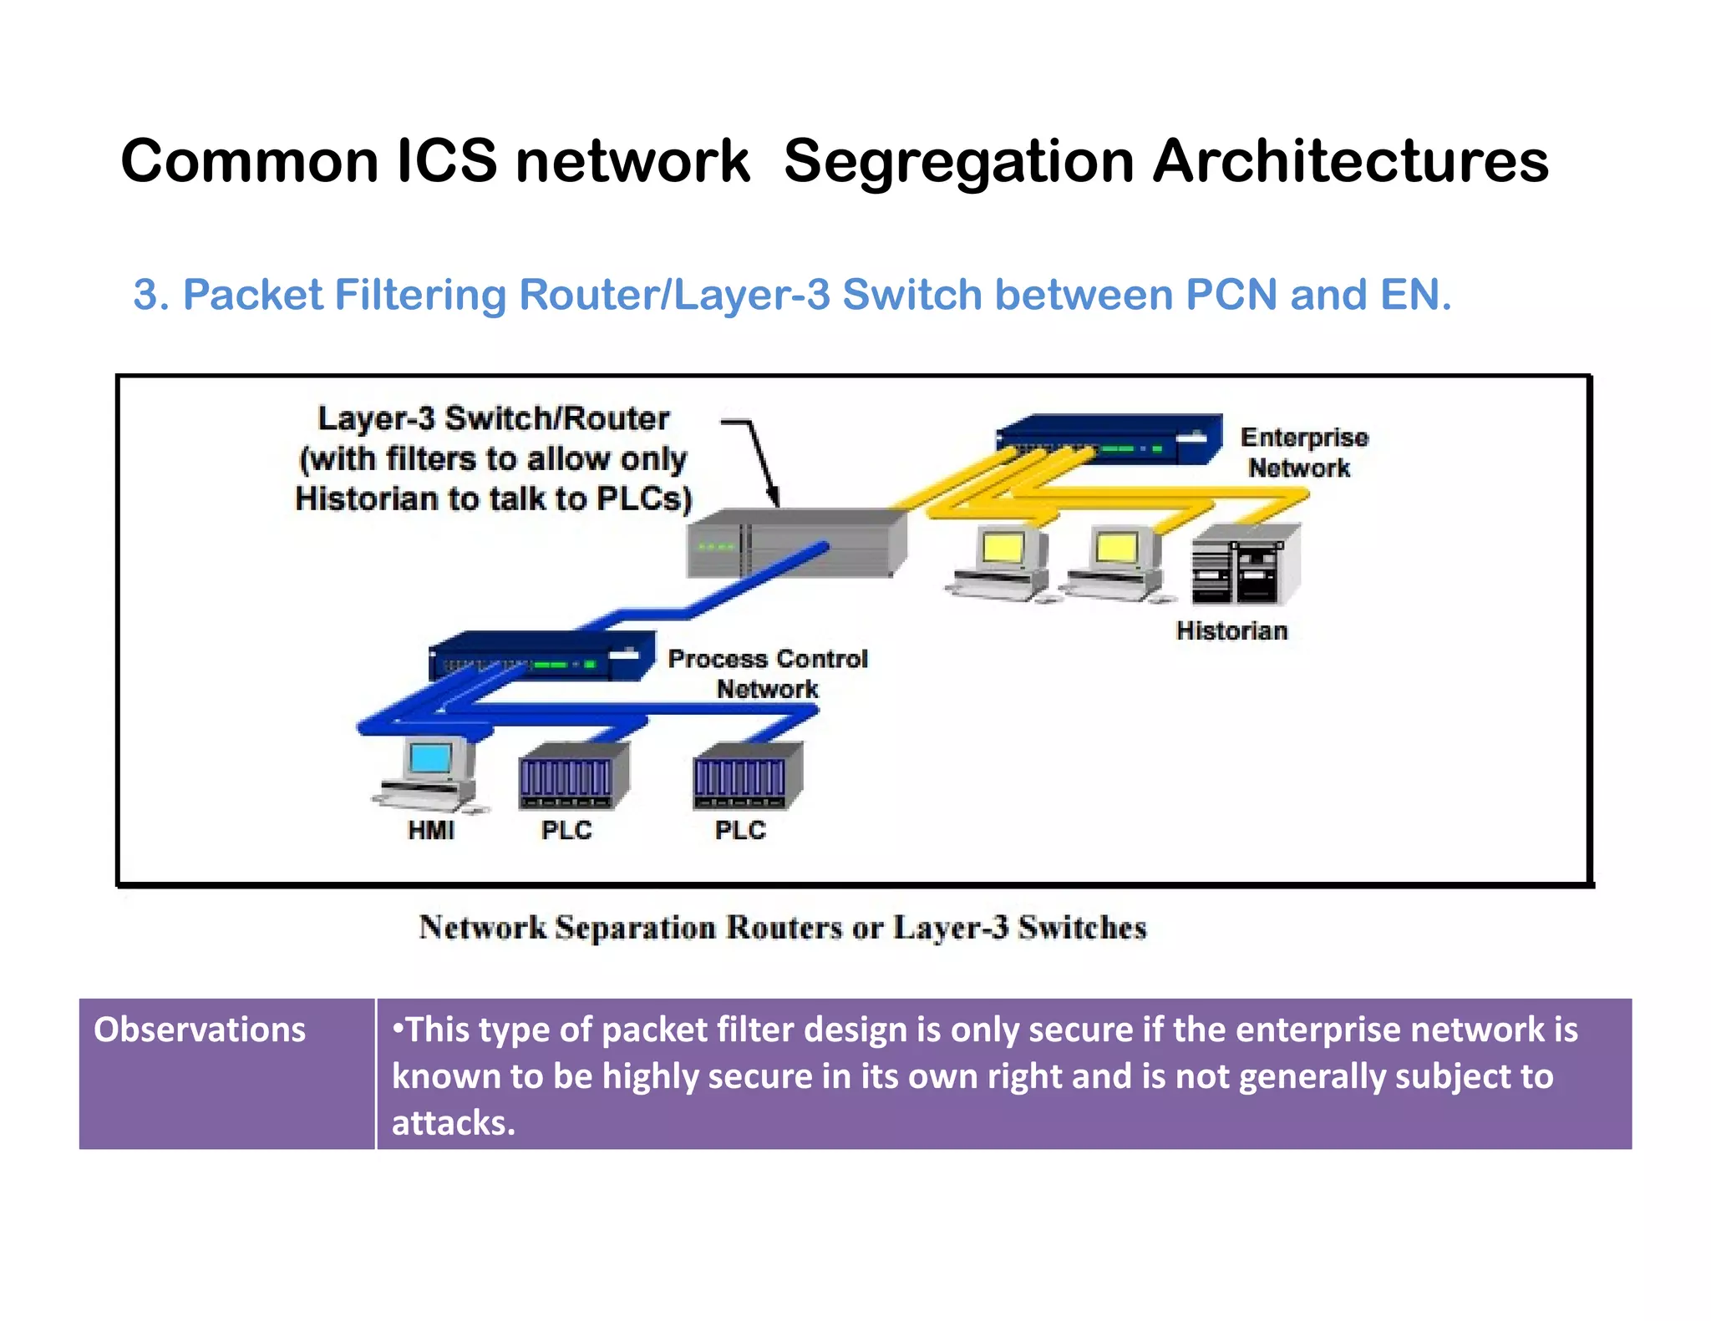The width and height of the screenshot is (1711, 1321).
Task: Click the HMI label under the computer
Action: pyautogui.click(x=431, y=830)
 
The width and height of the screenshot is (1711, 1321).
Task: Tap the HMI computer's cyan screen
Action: pyautogui.click(x=431, y=758)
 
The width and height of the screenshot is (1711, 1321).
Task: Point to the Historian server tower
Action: pyautogui.click(x=1245, y=568)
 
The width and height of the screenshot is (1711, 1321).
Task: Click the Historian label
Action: pyautogui.click(x=1231, y=630)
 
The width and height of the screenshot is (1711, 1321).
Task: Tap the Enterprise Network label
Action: pyautogui.click(x=1302, y=453)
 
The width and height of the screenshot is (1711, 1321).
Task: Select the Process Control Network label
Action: pyautogui.click(x=767, y=674)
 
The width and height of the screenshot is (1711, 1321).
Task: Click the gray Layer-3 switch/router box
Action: pyautogui.click(x=794, y=543)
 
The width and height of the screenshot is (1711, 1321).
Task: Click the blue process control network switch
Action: pyautogui.click(x=539, y=658)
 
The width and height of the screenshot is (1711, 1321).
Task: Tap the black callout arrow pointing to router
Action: pyautogui.click(x=760, y=459)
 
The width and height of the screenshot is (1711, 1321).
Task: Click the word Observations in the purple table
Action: pyautogui.click(x=200, y=1030)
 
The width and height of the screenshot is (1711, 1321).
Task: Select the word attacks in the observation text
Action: pyautogui.click(x=452, y=1123)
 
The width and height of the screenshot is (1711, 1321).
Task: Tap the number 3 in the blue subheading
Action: pyautogui.click(x=146, y=295)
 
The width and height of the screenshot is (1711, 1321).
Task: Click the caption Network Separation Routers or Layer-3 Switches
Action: pyautogui.click(x=783, y=928)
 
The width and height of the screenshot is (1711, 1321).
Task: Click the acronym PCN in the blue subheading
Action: pyautogui.click(x=1231, y=295)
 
